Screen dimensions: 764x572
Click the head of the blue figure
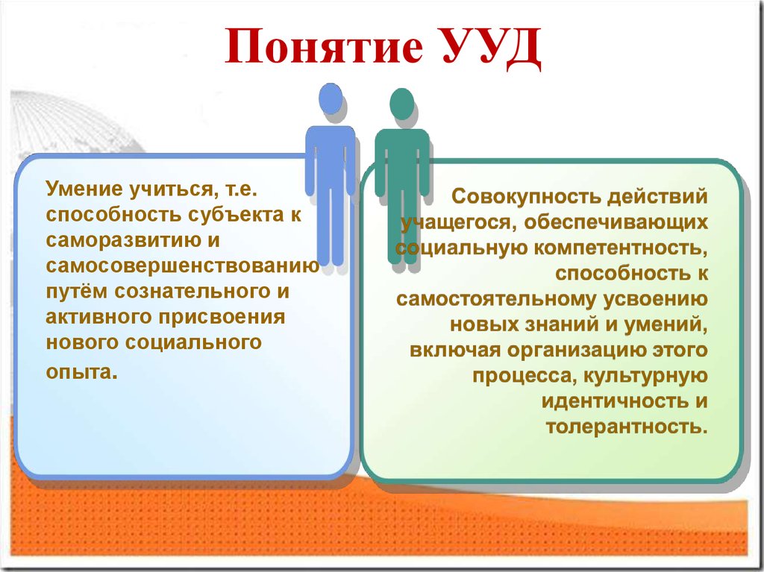pyautogui.click(x=331, y=98)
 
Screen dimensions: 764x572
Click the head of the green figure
pyautogui.click(x=402, y=104)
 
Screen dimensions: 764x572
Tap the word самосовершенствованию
pyautogui.click(x=183, y=265)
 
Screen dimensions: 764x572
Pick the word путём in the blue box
pyautogui.click(x=77, y=292)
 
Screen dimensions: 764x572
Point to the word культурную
pyautogui.click(x=645, y=376)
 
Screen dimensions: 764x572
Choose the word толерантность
pyautogui.click(x=626, y=427)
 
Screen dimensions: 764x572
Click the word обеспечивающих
pyautogui.click(x=616, y=222)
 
